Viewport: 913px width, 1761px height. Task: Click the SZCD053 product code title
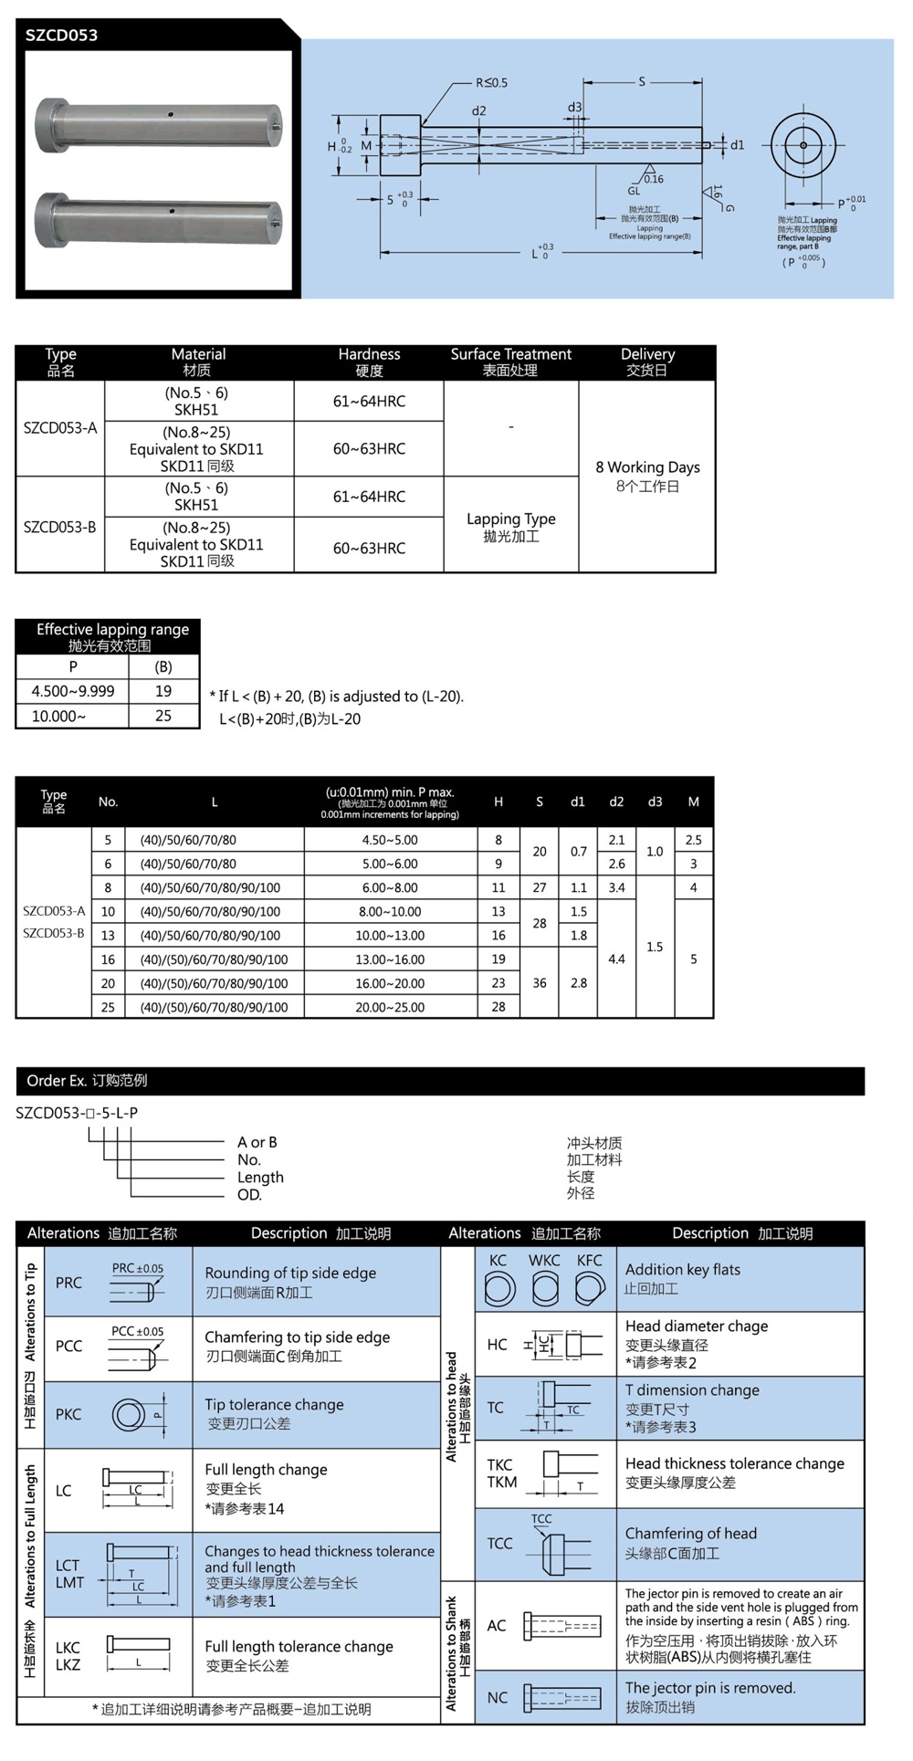point(61,36)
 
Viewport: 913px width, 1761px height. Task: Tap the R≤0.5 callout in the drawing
point(491,83)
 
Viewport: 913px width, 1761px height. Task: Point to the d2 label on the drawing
point(478,111)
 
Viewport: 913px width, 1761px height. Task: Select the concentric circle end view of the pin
point(803,145)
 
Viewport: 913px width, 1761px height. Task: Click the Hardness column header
point(369,362)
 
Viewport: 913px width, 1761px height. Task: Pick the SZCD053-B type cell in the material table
point(60,527)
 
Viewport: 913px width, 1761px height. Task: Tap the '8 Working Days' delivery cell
point(647,476)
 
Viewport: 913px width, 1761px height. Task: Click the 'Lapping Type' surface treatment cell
point(511,526)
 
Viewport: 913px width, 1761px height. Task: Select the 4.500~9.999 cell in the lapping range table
point(73,691)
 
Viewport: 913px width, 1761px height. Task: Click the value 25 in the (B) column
point(163,716)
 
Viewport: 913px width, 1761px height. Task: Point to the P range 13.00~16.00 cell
point(390,959)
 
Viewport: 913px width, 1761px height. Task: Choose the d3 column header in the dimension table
point(655,802)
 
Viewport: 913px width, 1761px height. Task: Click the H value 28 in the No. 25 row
point(498,1007)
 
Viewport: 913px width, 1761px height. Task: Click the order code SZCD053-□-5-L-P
point(77,1113)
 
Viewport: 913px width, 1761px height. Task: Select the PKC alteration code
point(68,1414)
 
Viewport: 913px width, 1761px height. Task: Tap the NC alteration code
point(498,1697)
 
